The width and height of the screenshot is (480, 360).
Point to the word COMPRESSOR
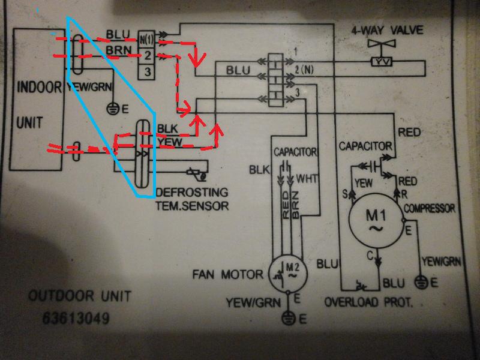[429, 208]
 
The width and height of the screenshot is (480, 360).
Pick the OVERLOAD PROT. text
[368, 302]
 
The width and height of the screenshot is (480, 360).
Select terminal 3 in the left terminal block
[146, 72]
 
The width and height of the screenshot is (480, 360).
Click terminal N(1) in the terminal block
[146, 40]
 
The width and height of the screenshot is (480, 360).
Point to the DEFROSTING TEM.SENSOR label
[191, 199]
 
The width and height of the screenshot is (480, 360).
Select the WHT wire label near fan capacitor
[306, 178]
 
